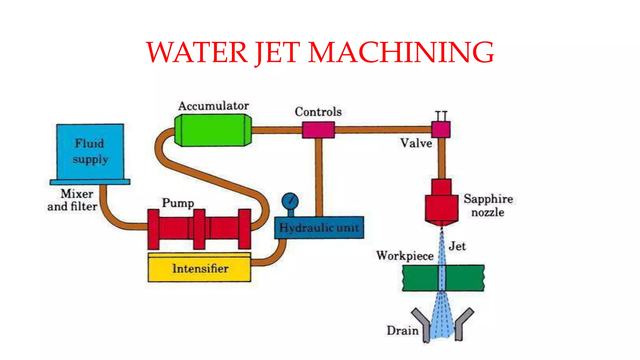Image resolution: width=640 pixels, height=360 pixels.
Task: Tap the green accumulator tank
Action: (x=213, y=130)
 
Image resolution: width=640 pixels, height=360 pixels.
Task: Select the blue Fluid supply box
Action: (x=90, y=152)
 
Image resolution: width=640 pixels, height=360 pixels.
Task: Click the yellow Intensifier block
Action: (x=199, y=268)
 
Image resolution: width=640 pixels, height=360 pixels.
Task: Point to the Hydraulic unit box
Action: (x=319, y=227)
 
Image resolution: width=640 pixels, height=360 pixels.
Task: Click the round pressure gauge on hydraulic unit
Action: (x=290, y=201)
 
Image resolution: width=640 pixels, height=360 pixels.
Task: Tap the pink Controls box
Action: (x=318, y=130)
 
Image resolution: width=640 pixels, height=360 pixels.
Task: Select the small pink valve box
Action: (x=441, y=129)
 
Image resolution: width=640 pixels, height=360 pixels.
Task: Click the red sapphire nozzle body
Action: (x=441, y=206)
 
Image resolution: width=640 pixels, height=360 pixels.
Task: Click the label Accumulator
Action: (x=213, y=106)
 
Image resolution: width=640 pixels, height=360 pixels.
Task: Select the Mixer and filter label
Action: (x=72, y=200)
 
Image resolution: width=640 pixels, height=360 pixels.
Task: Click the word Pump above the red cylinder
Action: (x=178, y=203)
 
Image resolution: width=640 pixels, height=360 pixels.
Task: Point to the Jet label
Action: (x=457, y=246)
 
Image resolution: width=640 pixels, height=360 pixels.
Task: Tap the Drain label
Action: (x=402, y=330)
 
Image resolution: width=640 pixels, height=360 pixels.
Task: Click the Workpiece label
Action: (x=405, y=256)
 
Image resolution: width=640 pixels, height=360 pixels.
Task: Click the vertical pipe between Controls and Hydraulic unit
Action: (x=318, y=177)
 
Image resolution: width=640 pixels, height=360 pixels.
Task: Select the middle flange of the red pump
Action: (x=199, y=229)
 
